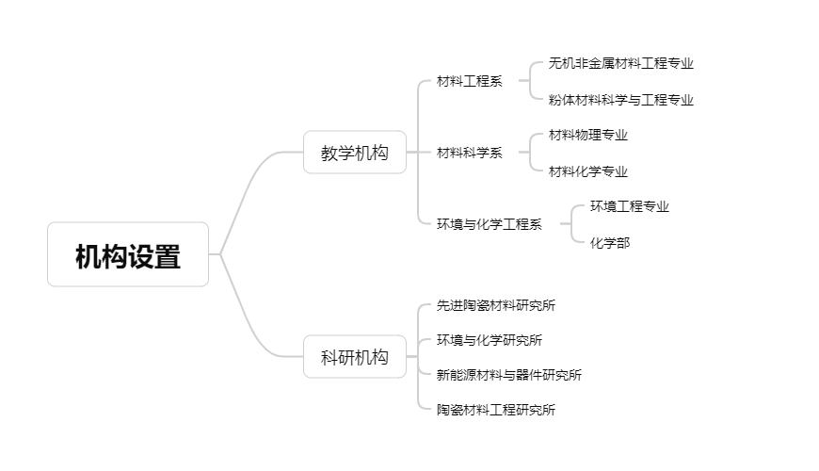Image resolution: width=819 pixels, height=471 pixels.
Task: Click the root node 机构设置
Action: [128, 254]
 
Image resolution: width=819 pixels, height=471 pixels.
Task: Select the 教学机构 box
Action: [355, 153]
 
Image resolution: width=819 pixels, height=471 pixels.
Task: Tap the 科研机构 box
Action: [355, 357]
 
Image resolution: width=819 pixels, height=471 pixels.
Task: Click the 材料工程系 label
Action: [469, 81]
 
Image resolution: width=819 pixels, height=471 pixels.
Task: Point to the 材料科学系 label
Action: [469, 153]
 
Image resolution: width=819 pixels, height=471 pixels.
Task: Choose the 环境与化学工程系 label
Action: [489, 224]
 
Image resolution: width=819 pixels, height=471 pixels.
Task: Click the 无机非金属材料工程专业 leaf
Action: [621, 63]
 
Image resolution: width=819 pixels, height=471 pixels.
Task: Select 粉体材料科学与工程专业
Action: [621, 100]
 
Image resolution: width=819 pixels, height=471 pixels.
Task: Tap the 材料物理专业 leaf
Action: [588, 135]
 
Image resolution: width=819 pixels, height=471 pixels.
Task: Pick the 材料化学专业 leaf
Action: [588, 171]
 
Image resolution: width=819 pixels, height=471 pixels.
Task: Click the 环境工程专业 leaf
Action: [630, 206]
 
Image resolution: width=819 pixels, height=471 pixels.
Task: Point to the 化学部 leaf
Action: [610, 243]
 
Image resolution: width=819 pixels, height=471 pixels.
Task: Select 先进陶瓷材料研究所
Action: [496, 305]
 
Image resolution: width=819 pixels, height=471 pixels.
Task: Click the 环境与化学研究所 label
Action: [490, 340]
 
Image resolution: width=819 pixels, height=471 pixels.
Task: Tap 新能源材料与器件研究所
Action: [509, 375]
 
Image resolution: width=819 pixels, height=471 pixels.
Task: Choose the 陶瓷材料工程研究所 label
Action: [496, 410]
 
